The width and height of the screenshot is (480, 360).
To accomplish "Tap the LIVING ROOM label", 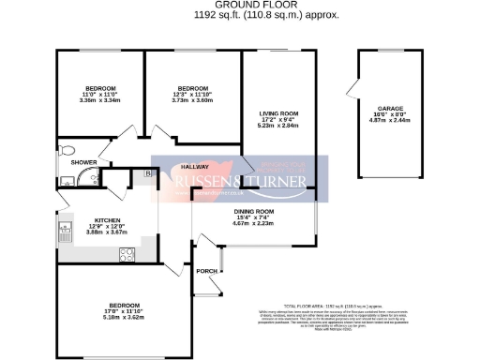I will [277, 113].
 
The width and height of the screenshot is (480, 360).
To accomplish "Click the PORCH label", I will [206, 271].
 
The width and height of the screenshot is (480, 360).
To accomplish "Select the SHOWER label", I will [71, 162].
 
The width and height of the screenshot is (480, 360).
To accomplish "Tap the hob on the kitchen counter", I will [125, 254].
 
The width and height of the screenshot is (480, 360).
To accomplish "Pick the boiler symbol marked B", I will [148, 174].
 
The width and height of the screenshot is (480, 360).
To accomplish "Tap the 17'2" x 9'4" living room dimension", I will [277, 120].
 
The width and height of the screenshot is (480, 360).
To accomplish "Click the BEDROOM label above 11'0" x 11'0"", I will [98, 88].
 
